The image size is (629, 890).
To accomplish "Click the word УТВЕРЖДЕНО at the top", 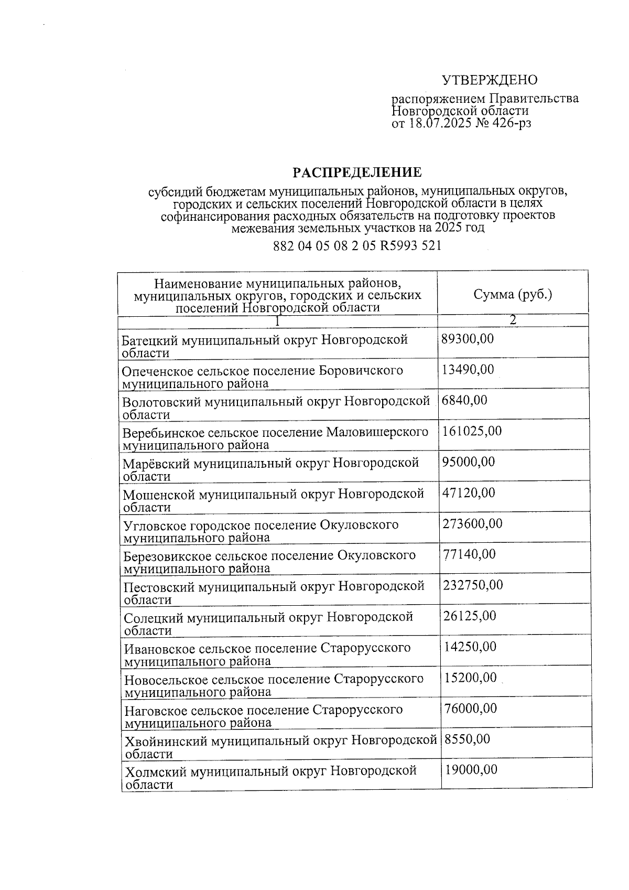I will (490, 80).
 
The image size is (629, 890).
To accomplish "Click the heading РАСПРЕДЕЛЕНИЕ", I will (356, 173).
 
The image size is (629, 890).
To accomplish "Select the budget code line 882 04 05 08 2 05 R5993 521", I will (357, 245).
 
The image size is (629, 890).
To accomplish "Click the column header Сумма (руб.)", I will (513, 295).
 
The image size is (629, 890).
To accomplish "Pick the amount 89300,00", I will (468, 339).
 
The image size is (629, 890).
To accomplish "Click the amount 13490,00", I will (468, 370).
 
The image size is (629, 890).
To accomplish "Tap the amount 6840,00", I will (464, 401).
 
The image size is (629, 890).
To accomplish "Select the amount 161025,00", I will (472, 431).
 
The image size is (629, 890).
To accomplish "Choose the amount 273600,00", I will (472, 523).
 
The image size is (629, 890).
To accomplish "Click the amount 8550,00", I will (467, 739).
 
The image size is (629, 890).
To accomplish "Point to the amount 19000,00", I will (471, 770).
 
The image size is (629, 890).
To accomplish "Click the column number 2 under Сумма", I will (513, 320).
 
